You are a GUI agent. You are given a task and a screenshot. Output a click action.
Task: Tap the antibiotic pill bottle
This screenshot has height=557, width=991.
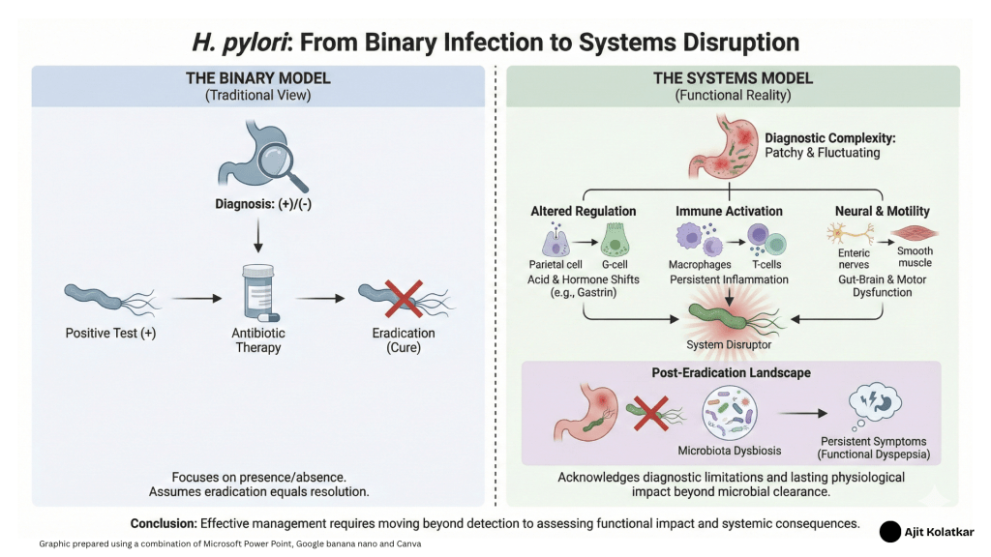(257, 294)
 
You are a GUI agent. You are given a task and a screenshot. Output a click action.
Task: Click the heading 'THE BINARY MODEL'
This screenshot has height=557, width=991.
(258, 78)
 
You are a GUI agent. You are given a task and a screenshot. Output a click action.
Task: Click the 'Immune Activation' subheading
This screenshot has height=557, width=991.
(728, 210)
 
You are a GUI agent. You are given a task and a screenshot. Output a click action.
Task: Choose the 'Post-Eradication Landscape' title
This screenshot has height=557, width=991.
(732, 372)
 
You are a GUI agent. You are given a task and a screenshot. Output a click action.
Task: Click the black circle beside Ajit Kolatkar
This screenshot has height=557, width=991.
(890, 531)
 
